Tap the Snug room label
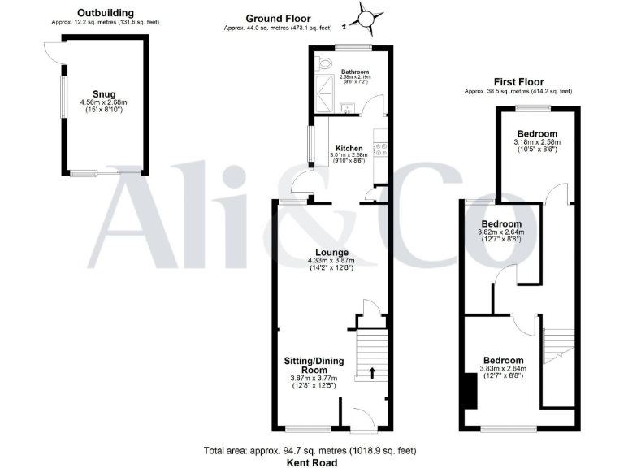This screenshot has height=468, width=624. coord(104,93)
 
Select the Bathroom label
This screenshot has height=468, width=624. coord(355,71)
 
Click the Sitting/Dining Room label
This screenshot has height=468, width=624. coord(313,364)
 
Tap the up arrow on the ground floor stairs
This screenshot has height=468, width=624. coord(372,373)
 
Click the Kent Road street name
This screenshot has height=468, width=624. coord(311,461)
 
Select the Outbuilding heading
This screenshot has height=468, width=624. coord(106,13)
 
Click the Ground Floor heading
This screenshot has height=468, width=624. coord(279,19)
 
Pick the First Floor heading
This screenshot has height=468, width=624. coord(519,81)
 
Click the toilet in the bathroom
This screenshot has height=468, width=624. coord(327,63)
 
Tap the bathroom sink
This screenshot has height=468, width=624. coord(349,106)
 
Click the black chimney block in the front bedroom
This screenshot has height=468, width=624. coord(469,391)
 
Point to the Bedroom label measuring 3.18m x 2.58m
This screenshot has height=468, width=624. coord(537,133)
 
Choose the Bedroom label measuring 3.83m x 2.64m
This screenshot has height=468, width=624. coord(503,360)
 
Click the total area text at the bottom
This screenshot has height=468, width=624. coord(310,449)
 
